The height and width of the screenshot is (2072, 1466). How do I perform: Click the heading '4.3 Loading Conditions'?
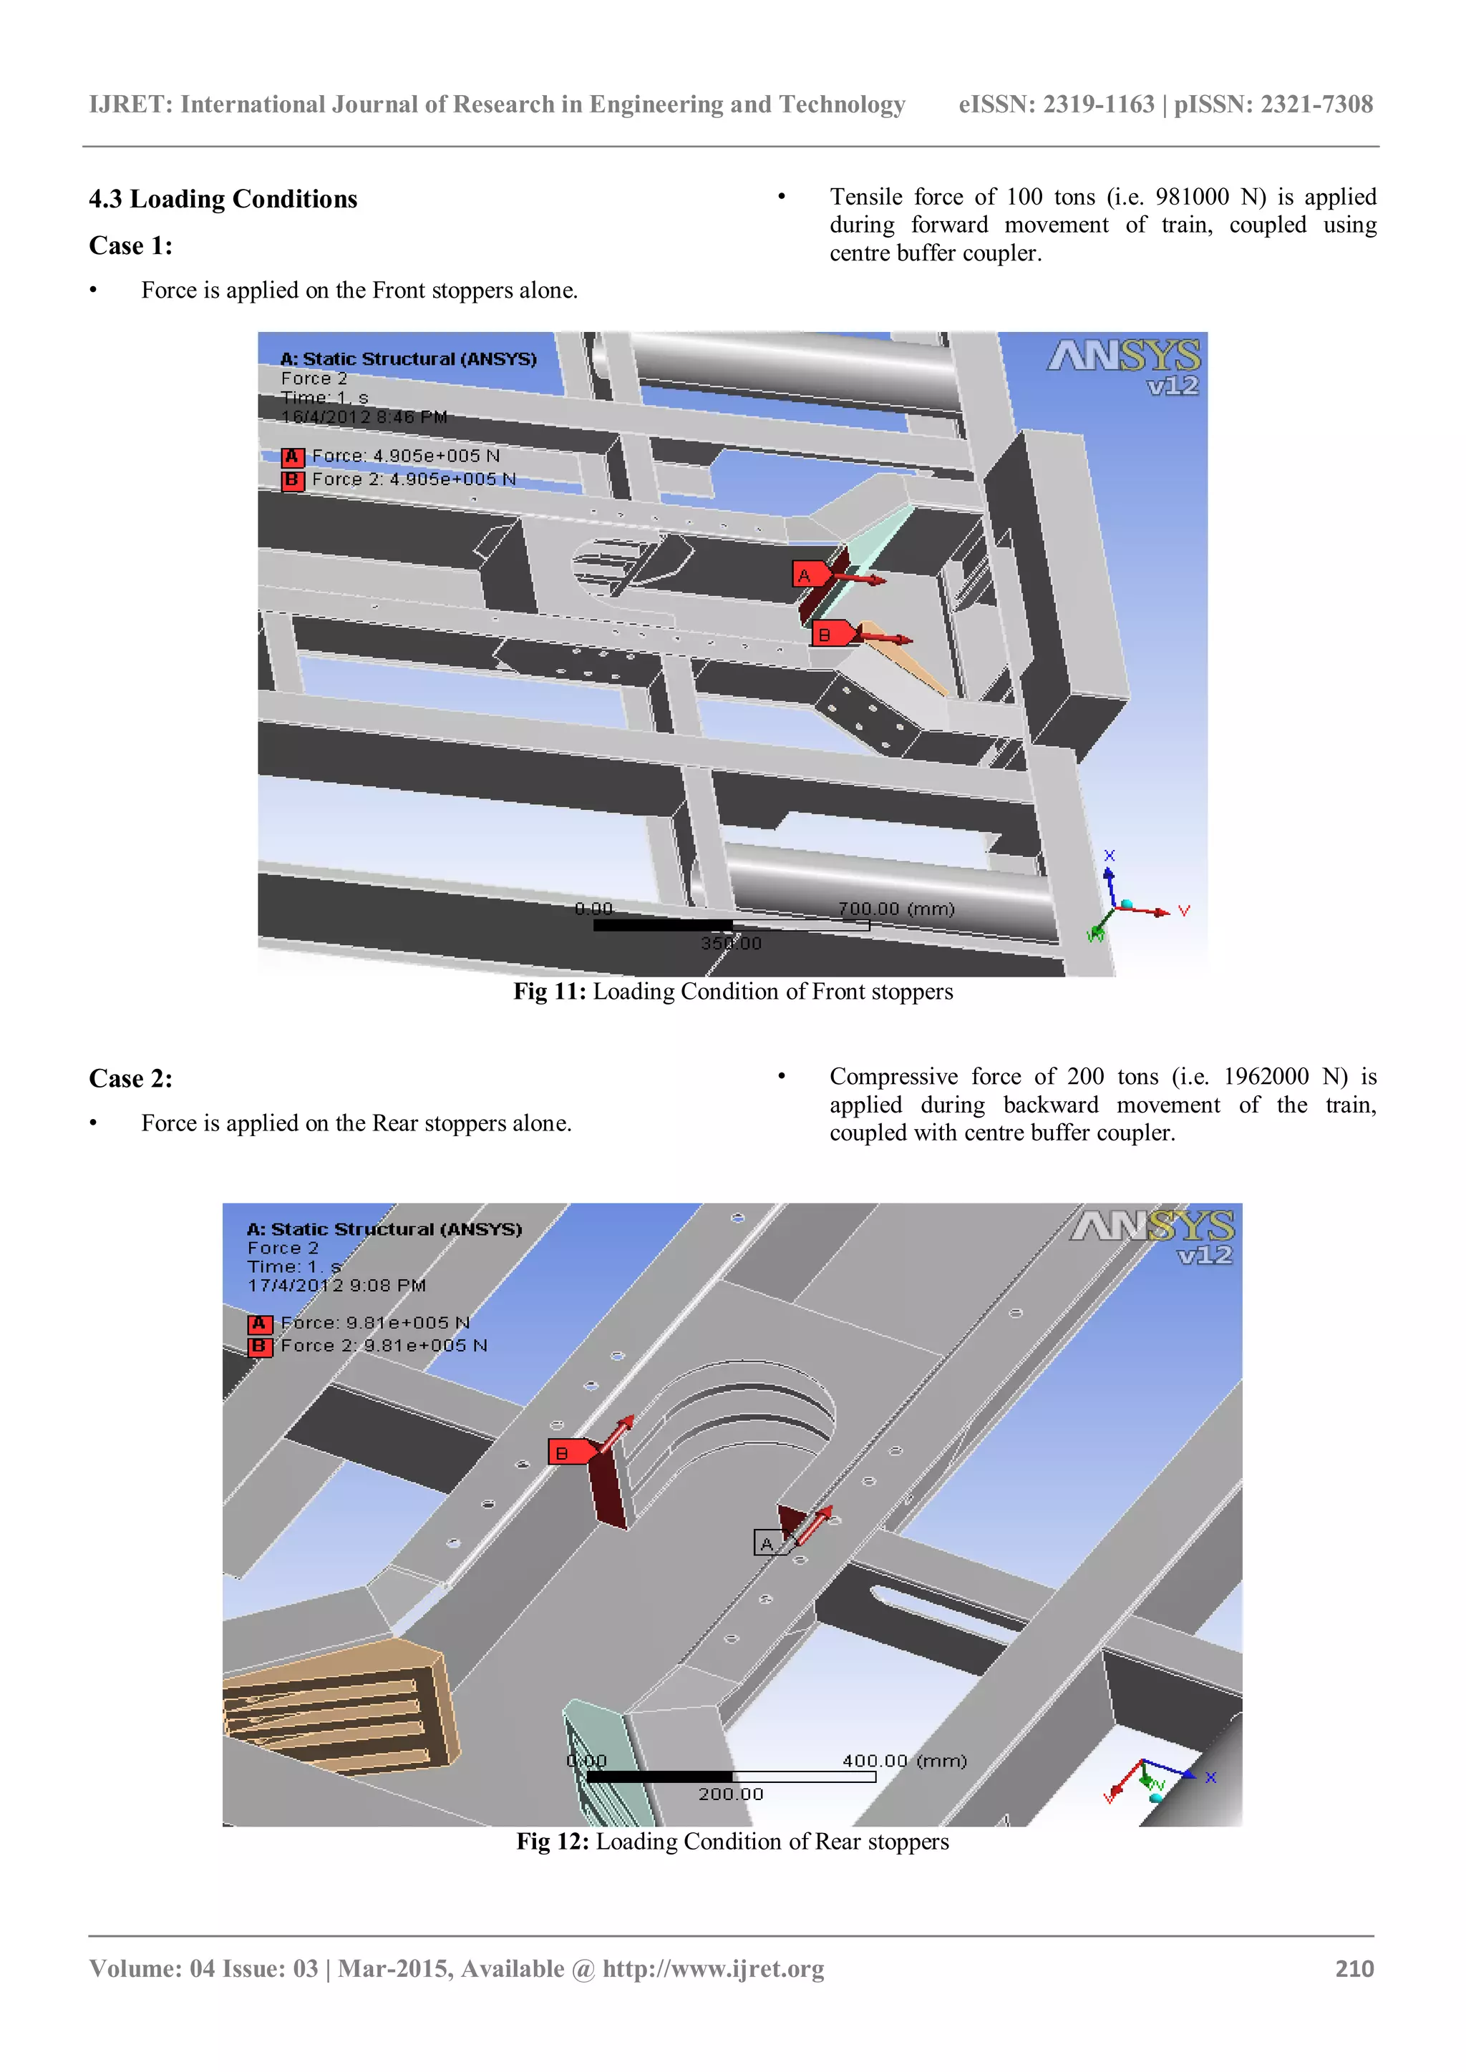tap(223, 200)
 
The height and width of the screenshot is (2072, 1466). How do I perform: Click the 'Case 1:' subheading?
tap(131, 246)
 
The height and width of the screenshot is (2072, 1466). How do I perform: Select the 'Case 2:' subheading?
tap(131, 1080)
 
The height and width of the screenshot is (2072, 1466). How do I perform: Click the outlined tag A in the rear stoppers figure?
tap(767, 1543)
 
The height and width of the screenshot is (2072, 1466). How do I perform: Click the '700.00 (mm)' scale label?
tap(895, 909)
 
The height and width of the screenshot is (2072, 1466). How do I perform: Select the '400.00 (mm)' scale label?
tap(903, 1761)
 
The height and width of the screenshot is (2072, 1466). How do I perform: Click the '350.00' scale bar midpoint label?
tap(731, 943)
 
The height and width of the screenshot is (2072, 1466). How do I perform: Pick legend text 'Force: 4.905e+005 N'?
tap(405, 456)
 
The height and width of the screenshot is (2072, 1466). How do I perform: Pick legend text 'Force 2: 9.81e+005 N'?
tap(384, 1346)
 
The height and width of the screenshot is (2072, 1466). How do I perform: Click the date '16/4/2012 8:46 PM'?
tap(364, 417)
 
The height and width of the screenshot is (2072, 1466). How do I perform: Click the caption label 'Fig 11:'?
tap(549, 992)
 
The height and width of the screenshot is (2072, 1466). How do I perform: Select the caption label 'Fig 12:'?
tap(553, 1842)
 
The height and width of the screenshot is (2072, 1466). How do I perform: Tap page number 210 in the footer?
tap(1354, 1969)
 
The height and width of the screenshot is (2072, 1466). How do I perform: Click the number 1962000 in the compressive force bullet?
tap(1266, 1077)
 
